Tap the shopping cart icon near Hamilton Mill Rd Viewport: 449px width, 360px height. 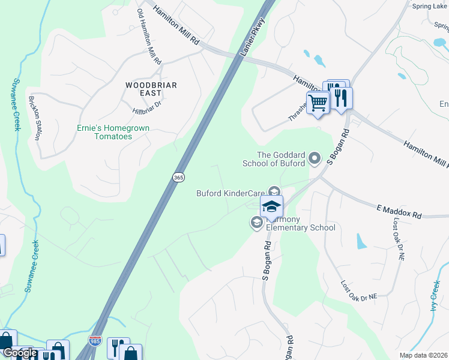[317, 103]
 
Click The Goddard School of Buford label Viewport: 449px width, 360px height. [273, 158]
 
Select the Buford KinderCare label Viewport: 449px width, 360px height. [231, 193]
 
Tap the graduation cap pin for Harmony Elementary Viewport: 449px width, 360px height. [271, 207]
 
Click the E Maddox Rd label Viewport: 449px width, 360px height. [399, 212]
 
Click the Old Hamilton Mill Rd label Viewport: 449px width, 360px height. [149, 37]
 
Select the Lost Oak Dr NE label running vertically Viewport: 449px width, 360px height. [399, 239]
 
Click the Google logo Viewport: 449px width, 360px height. [20, 353]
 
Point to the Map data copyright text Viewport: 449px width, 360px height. [424, 355]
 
